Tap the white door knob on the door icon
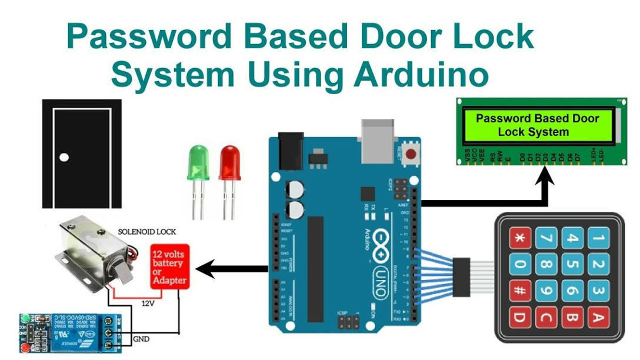[64, 157]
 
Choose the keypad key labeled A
[597, 318]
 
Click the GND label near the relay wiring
[141, 339]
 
